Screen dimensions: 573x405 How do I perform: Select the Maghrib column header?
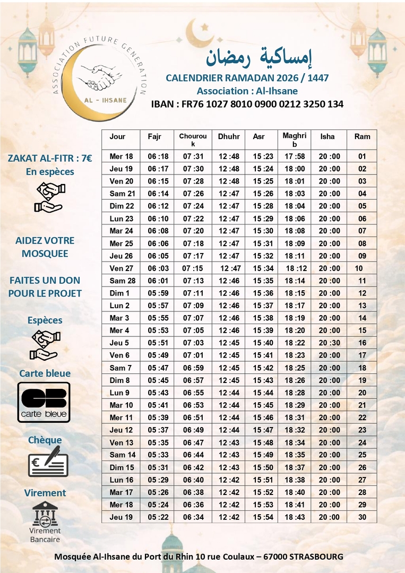(295, 140)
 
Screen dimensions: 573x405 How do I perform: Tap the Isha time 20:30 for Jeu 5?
(329, 343)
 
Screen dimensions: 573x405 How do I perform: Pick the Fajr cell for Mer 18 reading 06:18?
(158, 157)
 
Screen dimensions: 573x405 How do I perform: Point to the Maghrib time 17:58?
(295, 157)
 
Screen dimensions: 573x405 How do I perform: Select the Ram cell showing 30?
(362, 517)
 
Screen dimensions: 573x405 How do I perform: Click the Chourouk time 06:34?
(193, 517)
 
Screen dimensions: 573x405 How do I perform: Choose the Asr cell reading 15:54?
(263, 517)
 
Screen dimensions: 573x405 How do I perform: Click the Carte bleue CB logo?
(44, 402)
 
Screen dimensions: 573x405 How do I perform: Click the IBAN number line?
(247, 104)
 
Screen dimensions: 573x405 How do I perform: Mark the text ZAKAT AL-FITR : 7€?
(50, 158)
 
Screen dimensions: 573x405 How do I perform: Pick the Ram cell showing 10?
(359, 268)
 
